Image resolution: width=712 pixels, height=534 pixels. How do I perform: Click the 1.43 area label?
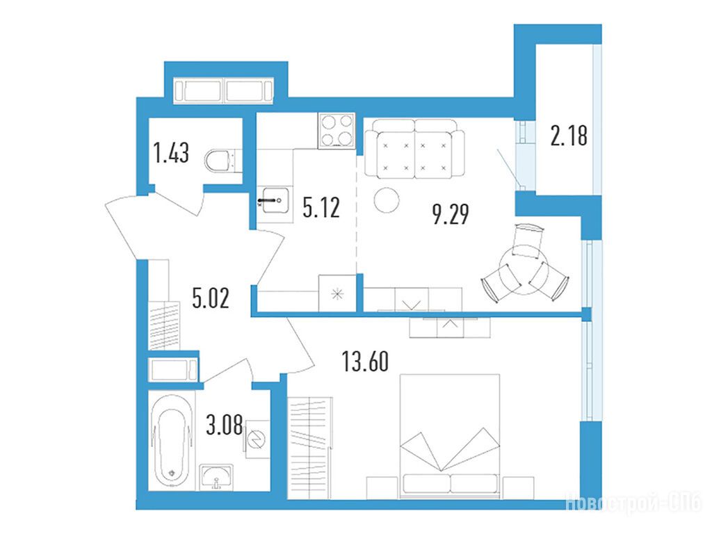click(x=172, y=152)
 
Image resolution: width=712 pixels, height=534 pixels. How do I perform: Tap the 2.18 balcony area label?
click(x=569, y=136)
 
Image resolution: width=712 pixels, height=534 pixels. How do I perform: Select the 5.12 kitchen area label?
click(x=321, y=208)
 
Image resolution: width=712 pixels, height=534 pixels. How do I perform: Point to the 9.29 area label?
click(x=451, y=214)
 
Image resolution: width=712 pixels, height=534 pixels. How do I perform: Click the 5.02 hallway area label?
click(x=211, y=298)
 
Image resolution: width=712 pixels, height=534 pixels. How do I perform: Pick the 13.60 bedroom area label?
click(x=365, y=362)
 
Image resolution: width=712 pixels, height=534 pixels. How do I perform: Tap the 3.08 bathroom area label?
click(x=225, y=425)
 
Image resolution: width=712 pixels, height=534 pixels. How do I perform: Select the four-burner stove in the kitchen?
click(x=337, y=130)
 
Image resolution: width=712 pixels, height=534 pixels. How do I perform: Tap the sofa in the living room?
click(x=415, y=149)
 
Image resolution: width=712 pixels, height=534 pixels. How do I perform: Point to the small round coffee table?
click(x=387, y=200)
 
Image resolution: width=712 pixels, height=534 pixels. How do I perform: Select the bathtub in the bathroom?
click(x=171, y=442)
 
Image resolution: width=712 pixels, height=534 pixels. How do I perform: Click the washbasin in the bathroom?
click(x=217, y=477)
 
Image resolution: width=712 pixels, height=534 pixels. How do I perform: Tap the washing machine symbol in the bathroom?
click(x=257, y=439)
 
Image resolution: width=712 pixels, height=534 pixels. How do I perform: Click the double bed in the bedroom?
click(x=450, y=436)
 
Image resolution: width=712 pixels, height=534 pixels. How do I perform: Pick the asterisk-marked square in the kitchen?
click(x=337, y=293)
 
